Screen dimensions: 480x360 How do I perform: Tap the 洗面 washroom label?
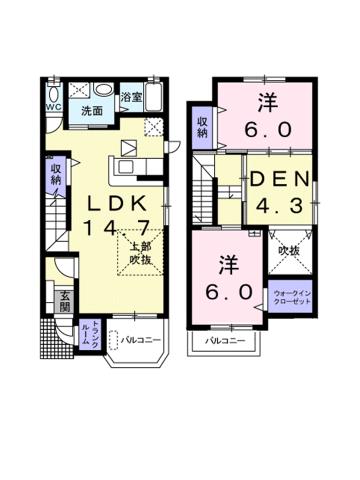pos(93,110)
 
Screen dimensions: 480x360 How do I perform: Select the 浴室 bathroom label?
pos(131,98)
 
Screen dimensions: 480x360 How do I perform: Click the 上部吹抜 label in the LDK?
pos(136,251)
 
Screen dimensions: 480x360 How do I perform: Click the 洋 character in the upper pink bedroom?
pos(268,102)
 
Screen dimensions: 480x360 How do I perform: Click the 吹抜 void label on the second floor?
pos(290,251)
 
